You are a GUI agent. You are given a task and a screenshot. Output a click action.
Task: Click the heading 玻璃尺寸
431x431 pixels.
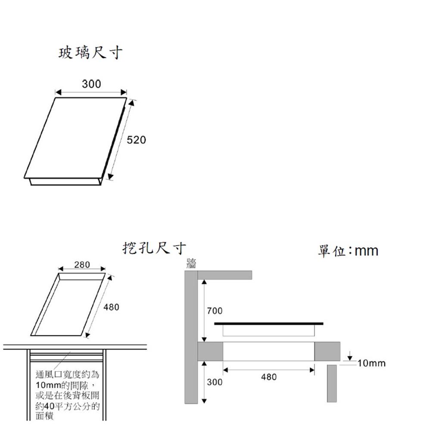[x=91, y=53]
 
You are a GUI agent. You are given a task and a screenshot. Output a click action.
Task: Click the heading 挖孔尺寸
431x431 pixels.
[x=154, y=248]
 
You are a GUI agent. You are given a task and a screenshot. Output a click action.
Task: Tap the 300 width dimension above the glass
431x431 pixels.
[x=91, y=84]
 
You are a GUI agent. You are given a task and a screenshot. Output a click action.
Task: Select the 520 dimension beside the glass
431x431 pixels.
[x=136, y=140]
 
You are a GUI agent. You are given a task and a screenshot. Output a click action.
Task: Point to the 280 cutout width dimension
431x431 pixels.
[x=82, y=265]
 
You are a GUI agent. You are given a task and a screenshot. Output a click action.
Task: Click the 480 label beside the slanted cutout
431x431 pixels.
[x=111, y=307]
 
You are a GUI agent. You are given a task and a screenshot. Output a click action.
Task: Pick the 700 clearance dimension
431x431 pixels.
[x=215, y=311]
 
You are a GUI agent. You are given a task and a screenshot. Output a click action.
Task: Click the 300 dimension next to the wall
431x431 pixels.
[x=215, y=382]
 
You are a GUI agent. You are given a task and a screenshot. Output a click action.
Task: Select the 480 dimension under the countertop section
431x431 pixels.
[x=269, y=377]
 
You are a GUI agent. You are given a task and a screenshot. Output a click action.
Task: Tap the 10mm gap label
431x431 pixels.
[x=372, y=363]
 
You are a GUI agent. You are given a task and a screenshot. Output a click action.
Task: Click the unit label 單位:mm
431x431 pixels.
[x=348, y=251]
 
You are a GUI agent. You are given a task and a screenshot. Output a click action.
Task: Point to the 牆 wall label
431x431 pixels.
[x=191, y=263]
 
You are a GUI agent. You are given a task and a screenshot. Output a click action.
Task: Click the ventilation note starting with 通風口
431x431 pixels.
[x=67, y=395]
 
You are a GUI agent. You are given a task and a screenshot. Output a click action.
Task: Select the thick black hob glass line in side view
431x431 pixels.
[x=269, y=324]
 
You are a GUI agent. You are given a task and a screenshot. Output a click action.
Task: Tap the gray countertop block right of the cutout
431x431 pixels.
[x=327, y=351]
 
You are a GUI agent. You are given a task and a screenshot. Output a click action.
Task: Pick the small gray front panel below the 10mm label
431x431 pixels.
[x=332, y=384]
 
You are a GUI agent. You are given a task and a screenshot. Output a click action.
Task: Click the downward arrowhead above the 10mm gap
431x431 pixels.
[x=350, y=358]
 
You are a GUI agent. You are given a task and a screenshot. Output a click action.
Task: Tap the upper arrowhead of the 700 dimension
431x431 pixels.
[x=204, y=282]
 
